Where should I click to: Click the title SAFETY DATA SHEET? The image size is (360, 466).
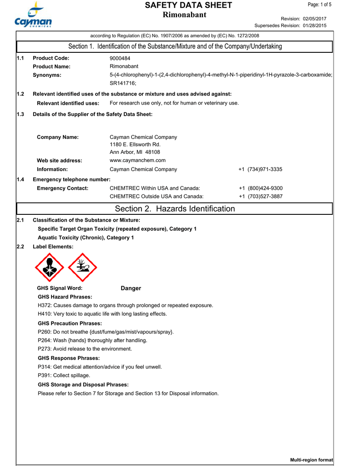click(188, 5)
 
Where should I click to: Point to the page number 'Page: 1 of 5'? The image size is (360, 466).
click(320, 5)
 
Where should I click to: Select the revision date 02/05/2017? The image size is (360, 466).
click(314, 18)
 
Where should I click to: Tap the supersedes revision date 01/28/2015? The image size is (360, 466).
click(314, 25)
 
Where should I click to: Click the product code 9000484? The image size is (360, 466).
click(120, 58)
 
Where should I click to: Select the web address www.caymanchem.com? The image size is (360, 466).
click(137, 160)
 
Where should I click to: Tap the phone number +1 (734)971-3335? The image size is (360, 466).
click(260, 169)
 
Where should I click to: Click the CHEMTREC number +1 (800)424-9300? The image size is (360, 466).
click(260, 188)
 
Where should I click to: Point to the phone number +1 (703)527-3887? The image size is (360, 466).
click(260, 197)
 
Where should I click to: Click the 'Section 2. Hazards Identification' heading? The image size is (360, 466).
click(175, 209)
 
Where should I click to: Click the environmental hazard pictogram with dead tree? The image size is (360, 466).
click(82, 268)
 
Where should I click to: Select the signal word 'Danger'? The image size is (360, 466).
click(131, 288)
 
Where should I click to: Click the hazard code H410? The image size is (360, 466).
click(45, 314)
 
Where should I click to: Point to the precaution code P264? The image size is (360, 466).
click(45, 340)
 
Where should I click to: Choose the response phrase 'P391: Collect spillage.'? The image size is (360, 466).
click(64, 375)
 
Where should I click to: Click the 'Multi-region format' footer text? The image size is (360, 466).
click(311, 460)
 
